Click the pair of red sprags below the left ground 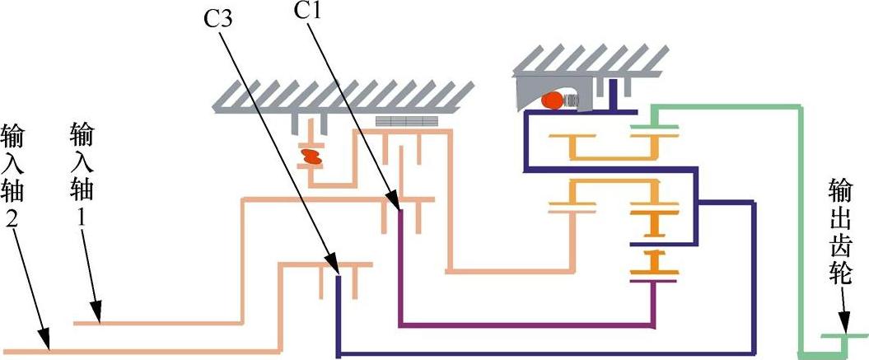tap(312, 155)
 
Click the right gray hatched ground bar tap(589, 58)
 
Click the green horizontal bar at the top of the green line tap(725, 105)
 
